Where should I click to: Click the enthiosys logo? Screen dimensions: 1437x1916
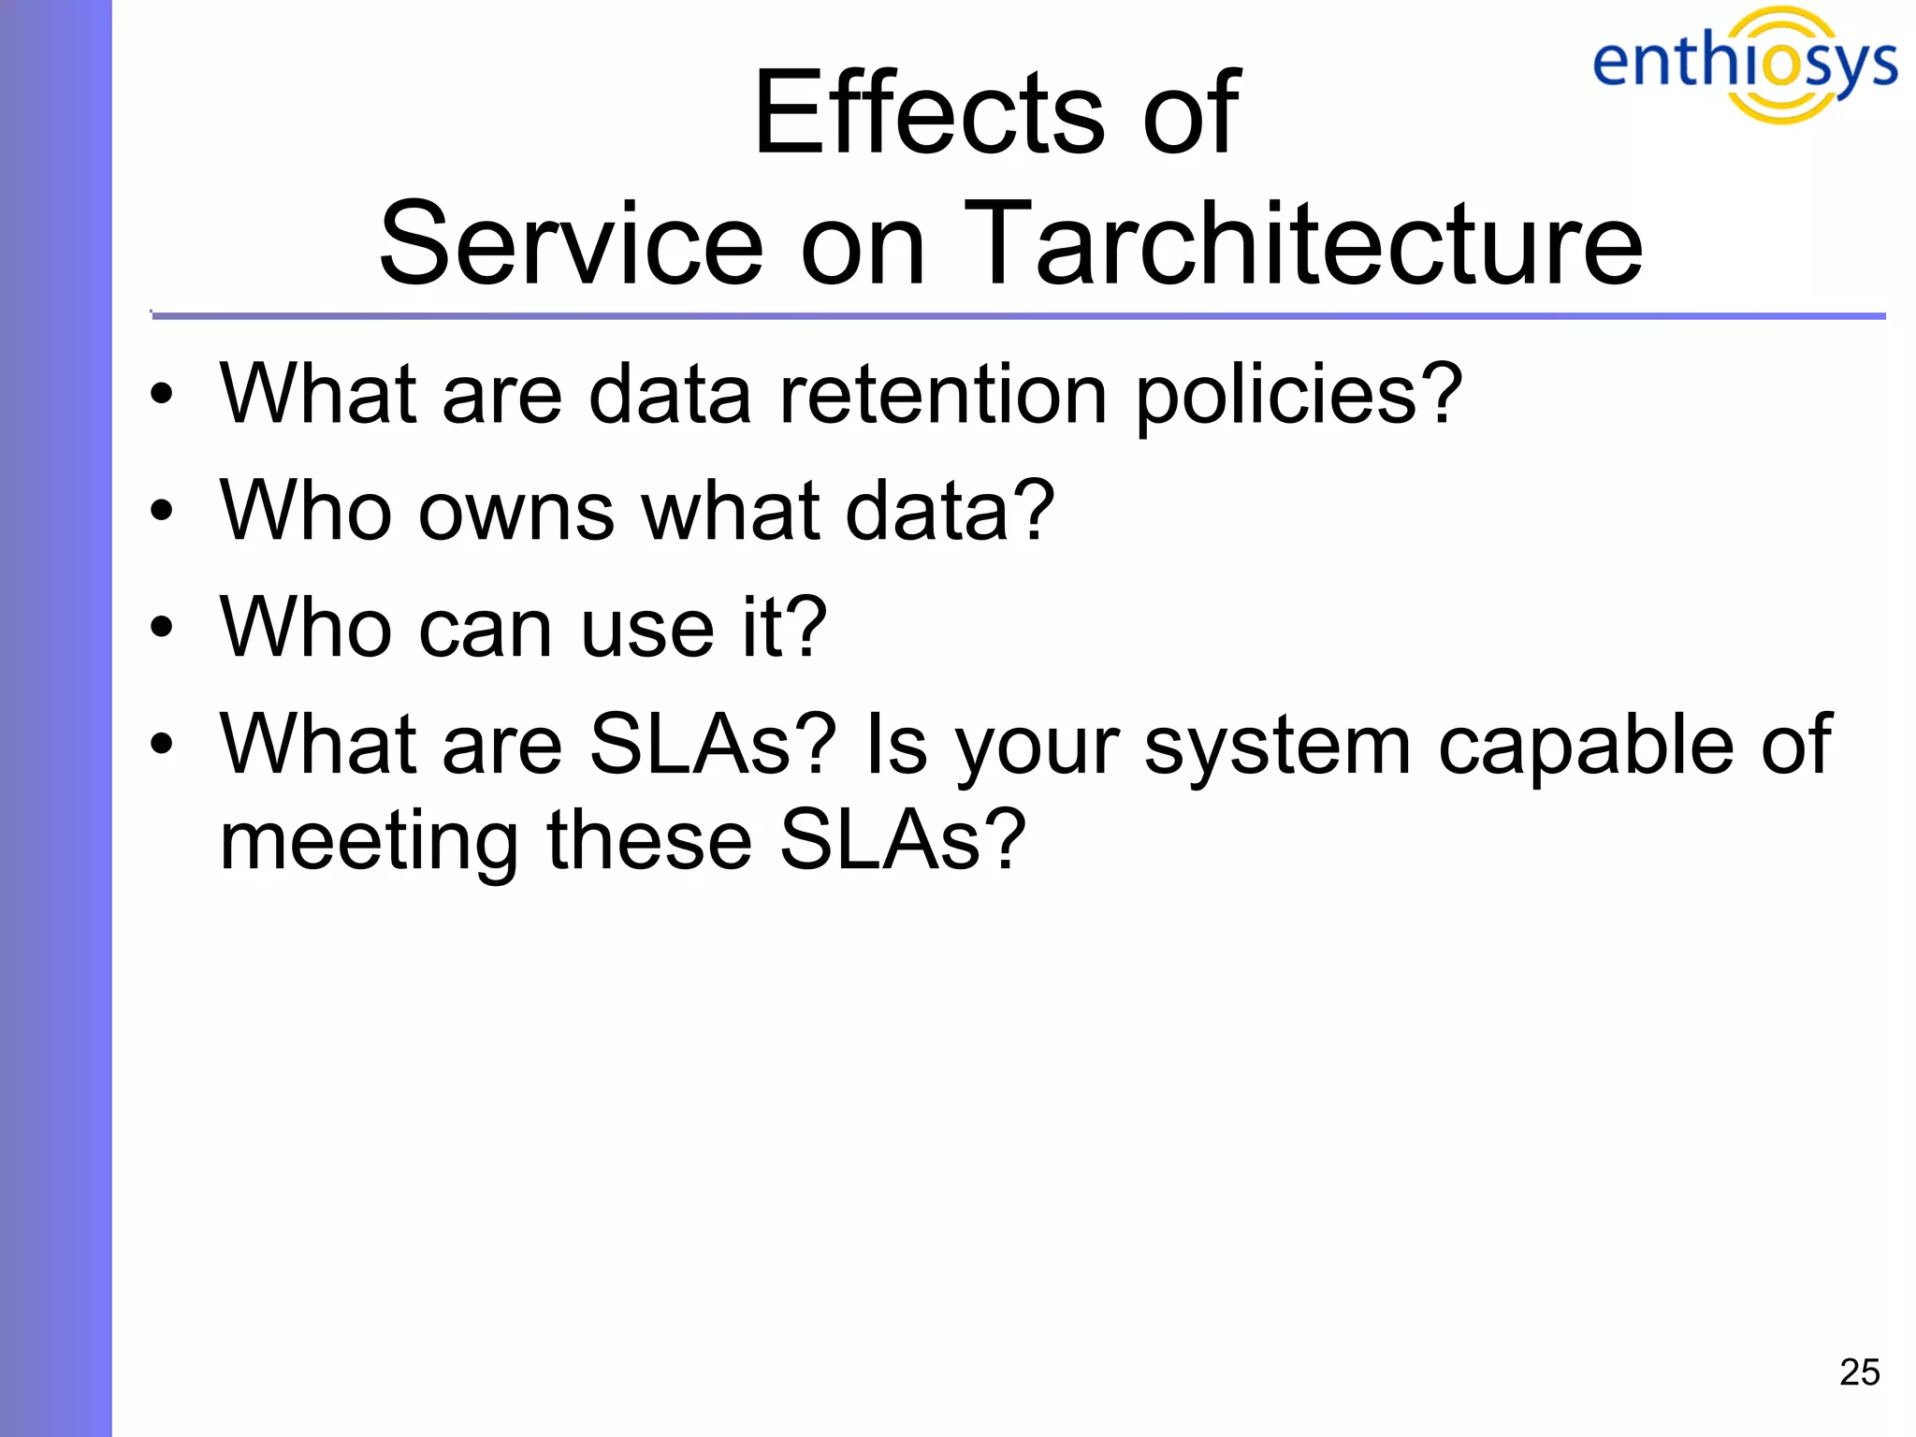(x=1744, y=64)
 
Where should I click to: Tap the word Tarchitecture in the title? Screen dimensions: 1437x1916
(x=1302, y=245)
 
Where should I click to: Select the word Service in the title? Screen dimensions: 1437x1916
(x=571, y=245)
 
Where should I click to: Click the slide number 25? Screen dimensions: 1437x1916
(x=1859, y=1372)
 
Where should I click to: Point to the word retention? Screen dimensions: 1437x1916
(x=943, y=395)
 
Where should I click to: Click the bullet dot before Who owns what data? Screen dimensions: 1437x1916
(x=162, y=511)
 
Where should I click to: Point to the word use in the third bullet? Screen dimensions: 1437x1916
(x=647, y=629)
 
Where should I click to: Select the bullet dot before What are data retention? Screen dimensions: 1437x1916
(x=162, y=395)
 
